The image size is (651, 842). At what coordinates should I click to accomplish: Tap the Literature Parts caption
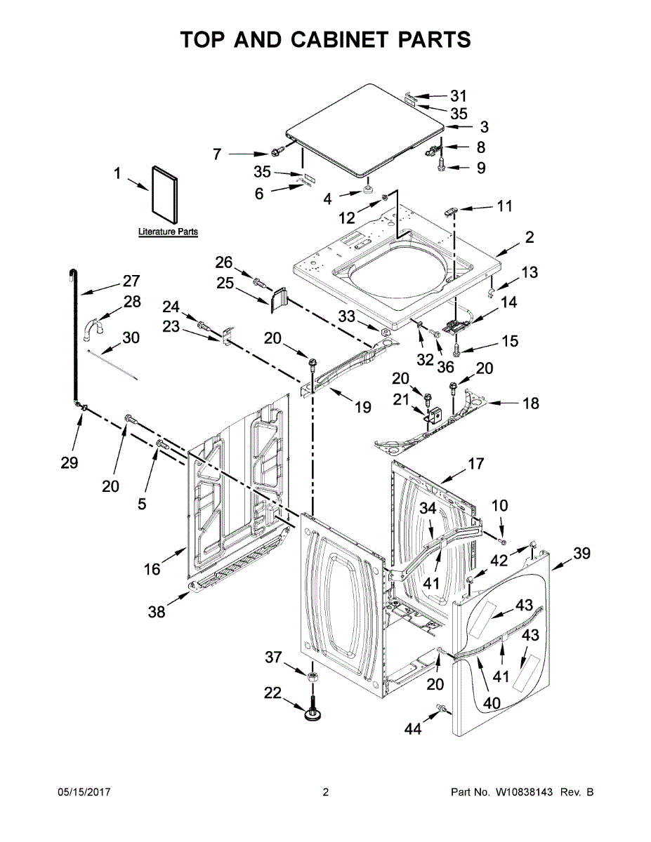pyautogui.click(x=168, y=232)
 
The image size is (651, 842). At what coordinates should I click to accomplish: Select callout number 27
pyautogui.click(x=131, y=281)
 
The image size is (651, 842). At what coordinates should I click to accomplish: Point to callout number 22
pyautogui.click(x=272, y=693)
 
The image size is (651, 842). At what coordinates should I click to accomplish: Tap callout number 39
pyautogui.click(x=581, y=554)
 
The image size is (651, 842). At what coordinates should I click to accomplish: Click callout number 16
pyautogui.click(x=152, y=569)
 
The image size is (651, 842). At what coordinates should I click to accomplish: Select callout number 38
pyautogui.click(x=157, y=612)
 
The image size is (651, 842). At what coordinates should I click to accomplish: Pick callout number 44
pyautogui.click(x=413, y=730)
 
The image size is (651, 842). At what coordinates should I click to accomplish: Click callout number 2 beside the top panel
pyautogui.click(x=529, y=237)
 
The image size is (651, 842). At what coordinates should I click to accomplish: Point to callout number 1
pyautogui.click(x=118, y=173)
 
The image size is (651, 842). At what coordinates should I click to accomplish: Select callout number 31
pyautogui.click(x=458, y=96)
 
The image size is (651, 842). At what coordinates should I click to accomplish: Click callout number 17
pyautogui.click(x=476, y=464)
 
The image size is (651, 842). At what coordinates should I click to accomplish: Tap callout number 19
pyautogui.click(x=362, y=406)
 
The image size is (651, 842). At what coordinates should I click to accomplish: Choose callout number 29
pyautogui.click(x=69, y=463)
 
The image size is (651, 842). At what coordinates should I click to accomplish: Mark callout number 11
pyautogui.click(x=504, y=207)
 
